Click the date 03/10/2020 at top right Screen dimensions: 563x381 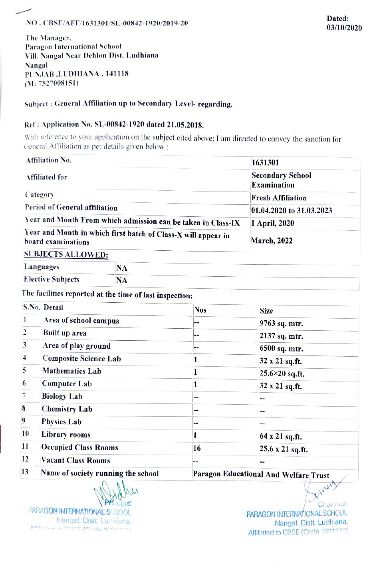coord(344,28)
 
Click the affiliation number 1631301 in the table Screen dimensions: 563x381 coord(265,162)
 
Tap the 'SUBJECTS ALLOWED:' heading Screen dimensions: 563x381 coord(66,254)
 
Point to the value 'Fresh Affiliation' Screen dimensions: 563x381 coord(279,198)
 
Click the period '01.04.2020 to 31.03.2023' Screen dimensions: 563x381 coord(292,211)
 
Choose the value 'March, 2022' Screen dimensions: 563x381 coord(272,241)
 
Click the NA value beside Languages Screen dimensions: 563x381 coord(122,268)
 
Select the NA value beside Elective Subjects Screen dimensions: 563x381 coord(122,280)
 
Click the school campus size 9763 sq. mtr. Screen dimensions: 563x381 coord(281,323)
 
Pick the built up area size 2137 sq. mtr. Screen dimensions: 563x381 coord(281,336)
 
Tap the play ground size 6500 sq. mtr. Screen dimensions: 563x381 coord(281,348)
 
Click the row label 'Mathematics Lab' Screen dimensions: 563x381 coord(72,371)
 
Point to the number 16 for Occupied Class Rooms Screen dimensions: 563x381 coord(197,448)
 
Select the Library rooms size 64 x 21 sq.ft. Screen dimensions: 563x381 coord(280,436)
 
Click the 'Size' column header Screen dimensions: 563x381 coord(266,311)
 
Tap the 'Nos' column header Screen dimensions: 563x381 coord(200,310)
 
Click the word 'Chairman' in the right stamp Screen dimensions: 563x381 coord(333,504)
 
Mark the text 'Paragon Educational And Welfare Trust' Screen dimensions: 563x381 coord(261,475)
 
